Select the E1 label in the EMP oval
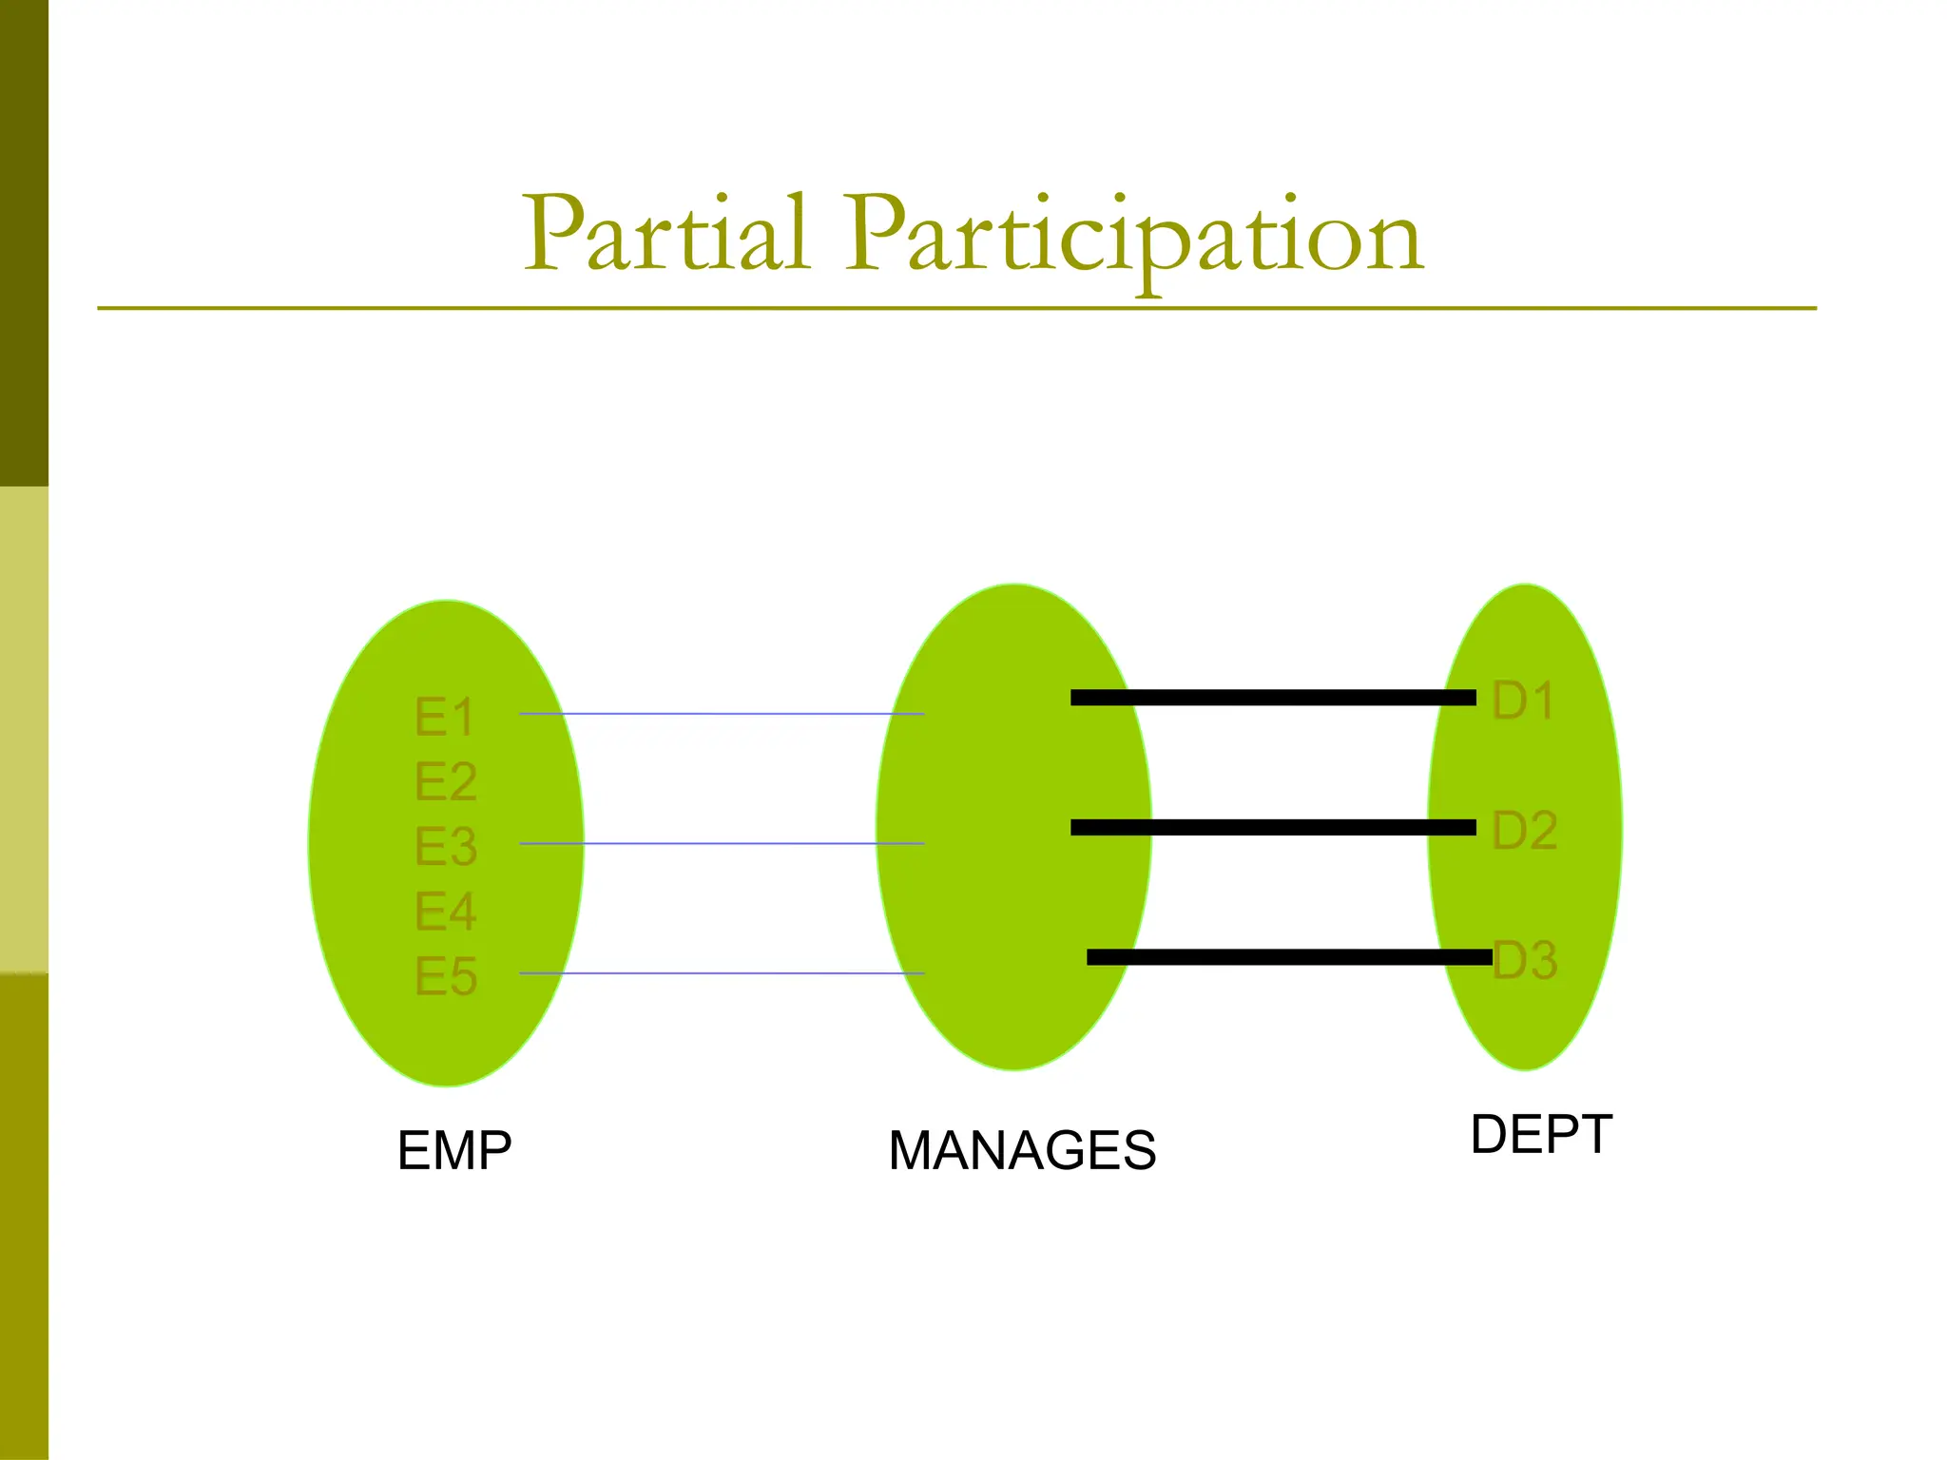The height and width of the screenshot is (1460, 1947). click(444, 717)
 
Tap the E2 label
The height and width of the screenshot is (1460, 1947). click(445, 781)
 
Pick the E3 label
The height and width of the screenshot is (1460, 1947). click(445, 846)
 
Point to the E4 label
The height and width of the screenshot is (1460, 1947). click(444, 912)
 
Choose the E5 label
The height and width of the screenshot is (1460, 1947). click(445, 976)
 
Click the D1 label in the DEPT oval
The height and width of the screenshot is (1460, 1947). click(1523, 701)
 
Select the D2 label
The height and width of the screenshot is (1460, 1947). click(1524, 831)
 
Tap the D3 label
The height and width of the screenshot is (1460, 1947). click(1526, 960)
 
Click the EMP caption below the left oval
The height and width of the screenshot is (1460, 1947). click(454, 1151)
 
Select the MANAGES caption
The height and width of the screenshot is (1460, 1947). click(1022, 1151)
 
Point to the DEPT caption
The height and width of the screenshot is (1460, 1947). click(1540, 1135)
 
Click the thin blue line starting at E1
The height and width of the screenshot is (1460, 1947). click(723, 714)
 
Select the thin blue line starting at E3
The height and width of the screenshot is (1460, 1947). click(723, 843)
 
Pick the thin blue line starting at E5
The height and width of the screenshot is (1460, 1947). click(723, 973)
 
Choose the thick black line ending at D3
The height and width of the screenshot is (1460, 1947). click(1288, 957)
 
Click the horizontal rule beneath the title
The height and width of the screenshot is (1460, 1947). click(955, 308)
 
